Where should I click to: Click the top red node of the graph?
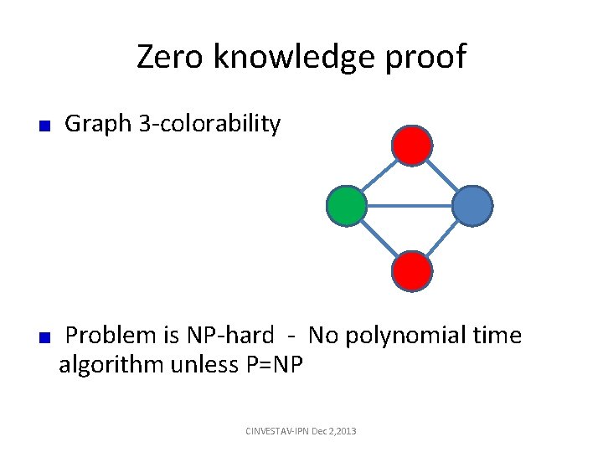[412, 146]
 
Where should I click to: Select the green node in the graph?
[346, 206]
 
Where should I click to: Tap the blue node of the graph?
[472, 206]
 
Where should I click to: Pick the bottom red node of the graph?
[412, 271]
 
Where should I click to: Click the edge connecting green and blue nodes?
[410, 206]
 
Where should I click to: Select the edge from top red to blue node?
[443, 176]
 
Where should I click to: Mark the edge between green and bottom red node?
[379, 239]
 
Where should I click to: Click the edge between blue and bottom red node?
[443, 239]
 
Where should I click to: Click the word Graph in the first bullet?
[98, 124]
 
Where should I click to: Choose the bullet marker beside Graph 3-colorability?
[47, 126]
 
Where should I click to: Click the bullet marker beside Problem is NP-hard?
[47, 338]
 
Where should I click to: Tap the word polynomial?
[409, 336]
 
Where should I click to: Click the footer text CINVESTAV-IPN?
[276, 430]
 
